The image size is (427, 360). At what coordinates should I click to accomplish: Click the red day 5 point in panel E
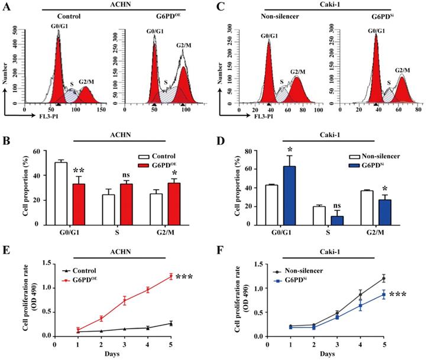pyautogui.click(x=171, y=276)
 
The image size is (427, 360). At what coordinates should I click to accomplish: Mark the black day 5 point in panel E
pyautogui.click(x=171, y=323)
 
